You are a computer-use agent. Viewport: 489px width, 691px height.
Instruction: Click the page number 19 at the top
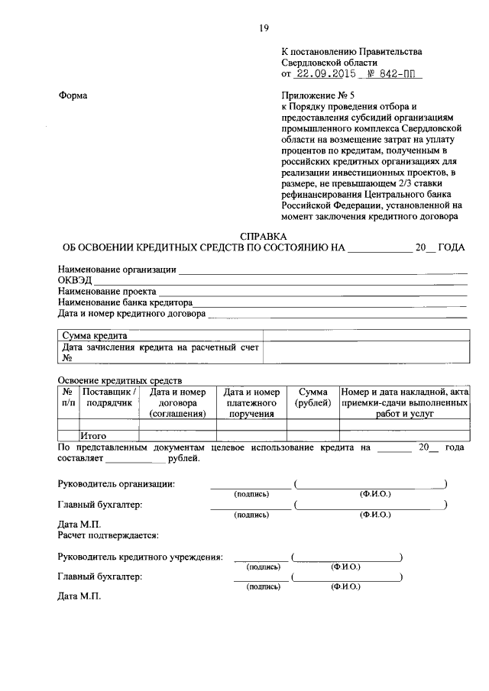coord(264,28)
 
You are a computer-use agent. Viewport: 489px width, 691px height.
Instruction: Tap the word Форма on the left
coord(73,95)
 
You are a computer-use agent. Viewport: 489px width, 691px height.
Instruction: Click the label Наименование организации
coord(117,270)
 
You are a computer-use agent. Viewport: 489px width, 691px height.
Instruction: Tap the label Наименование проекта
coord(107,292)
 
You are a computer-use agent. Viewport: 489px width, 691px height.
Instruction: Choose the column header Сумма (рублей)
coord(313,396)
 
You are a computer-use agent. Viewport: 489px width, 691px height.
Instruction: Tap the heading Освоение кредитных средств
coord(120,380)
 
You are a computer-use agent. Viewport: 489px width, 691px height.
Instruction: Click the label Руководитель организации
coord(116,483)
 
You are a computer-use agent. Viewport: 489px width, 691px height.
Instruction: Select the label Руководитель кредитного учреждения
coord(140,557)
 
